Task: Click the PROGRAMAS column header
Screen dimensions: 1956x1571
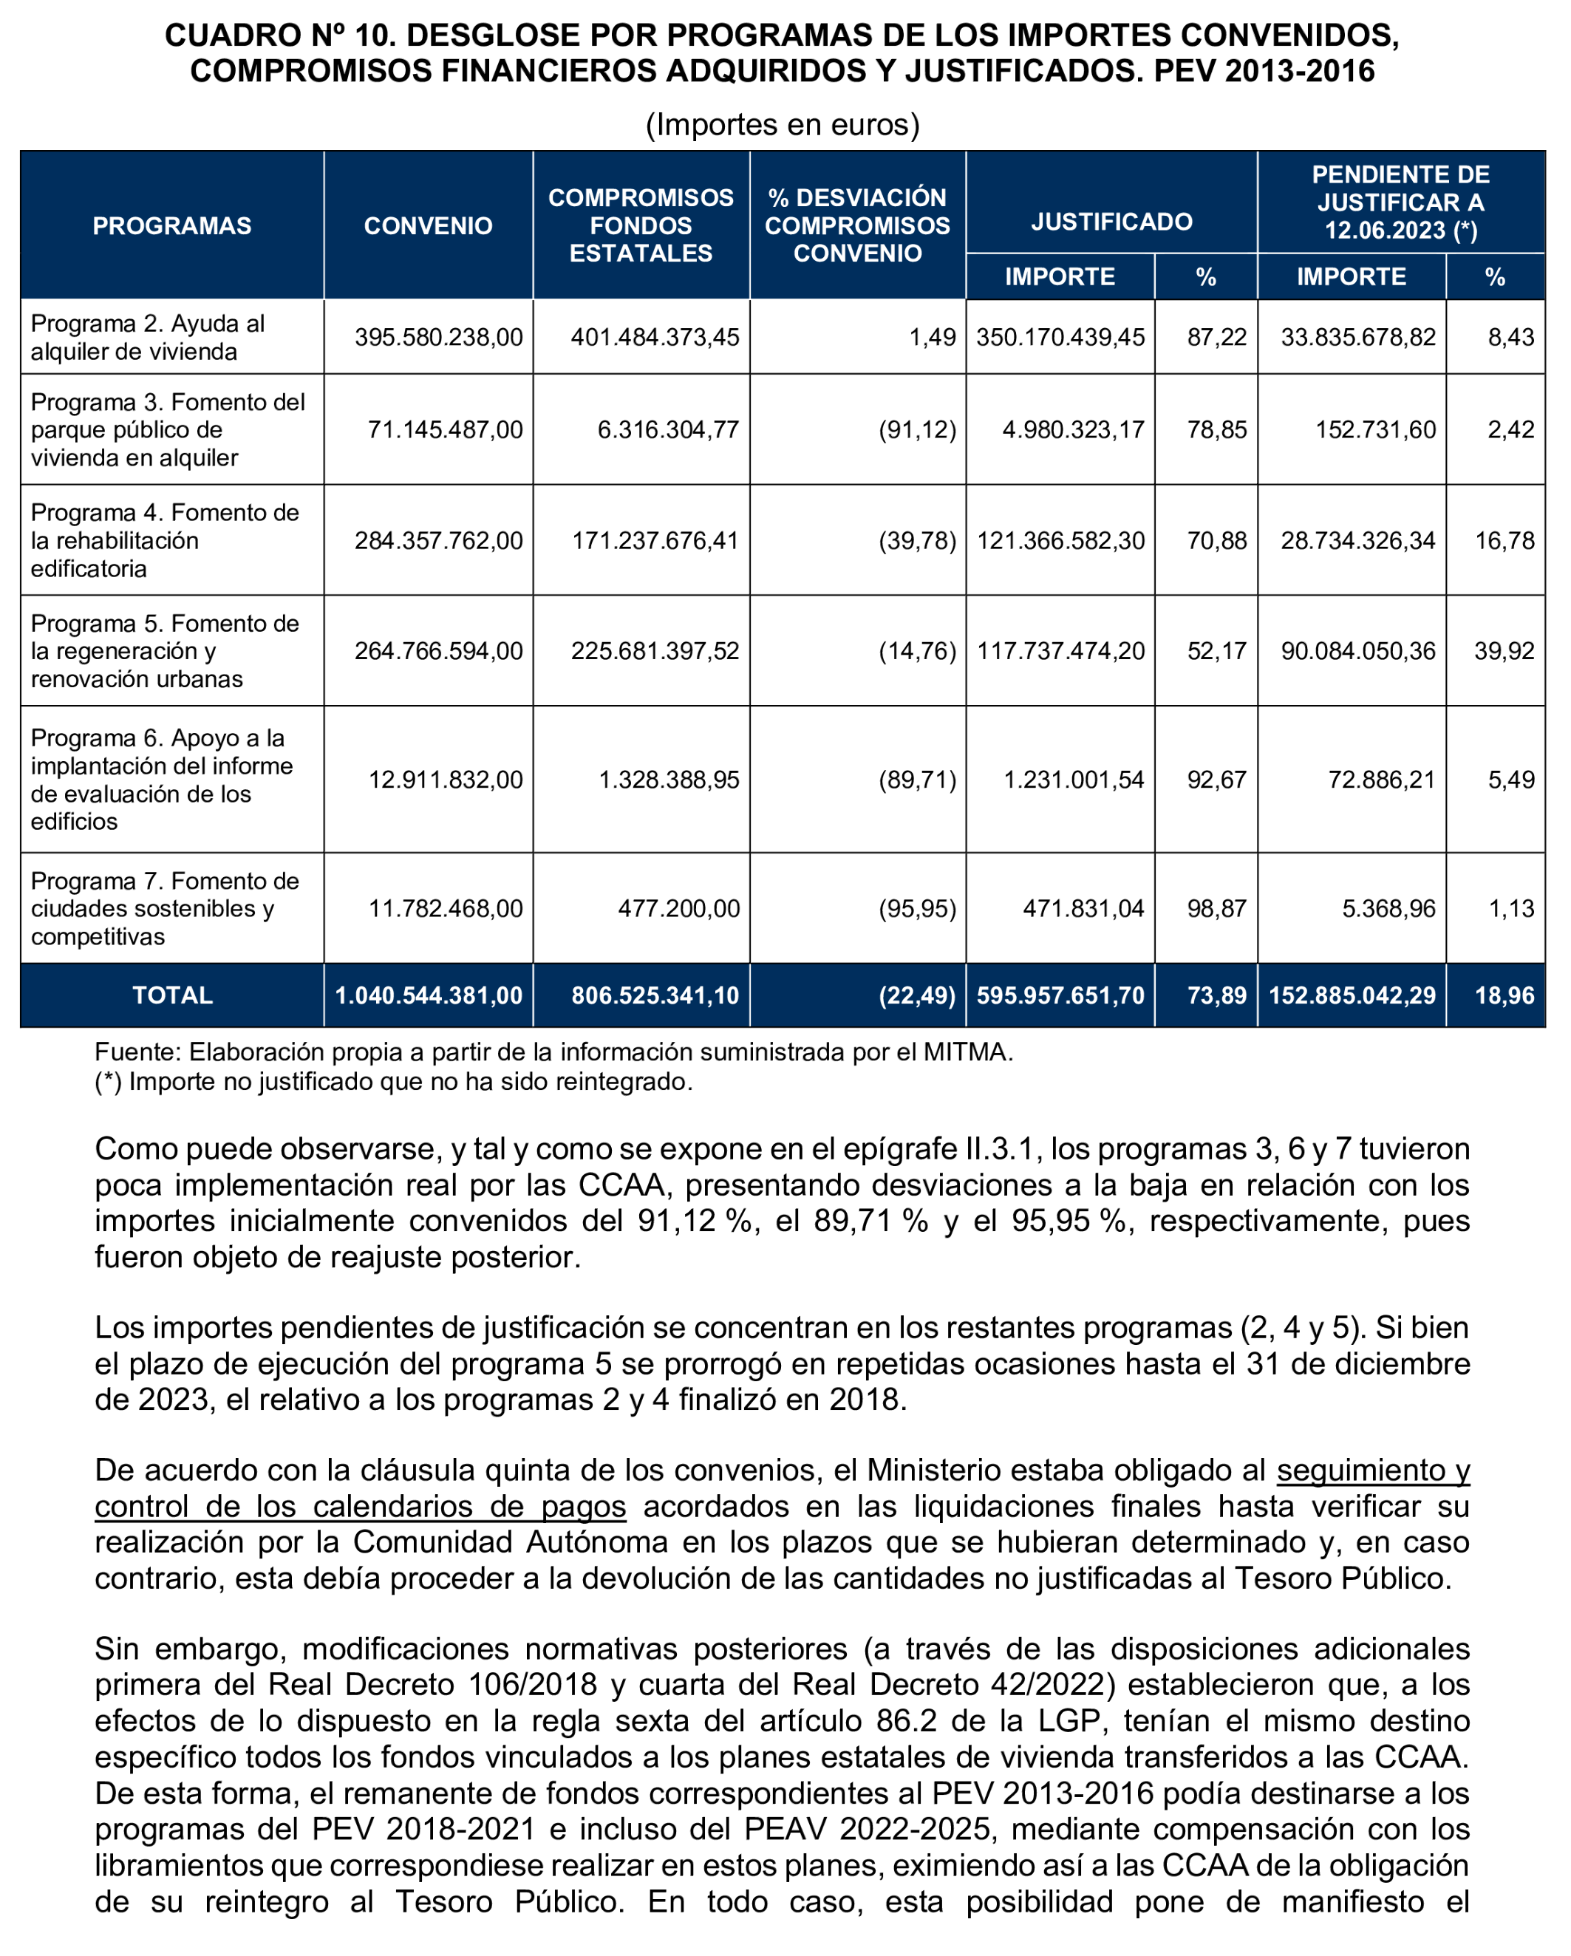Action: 172,226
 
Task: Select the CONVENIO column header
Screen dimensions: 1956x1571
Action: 428,226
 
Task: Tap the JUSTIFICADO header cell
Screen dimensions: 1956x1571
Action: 1111,222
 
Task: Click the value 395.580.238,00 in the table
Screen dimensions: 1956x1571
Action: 439,338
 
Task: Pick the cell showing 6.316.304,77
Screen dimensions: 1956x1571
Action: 669,429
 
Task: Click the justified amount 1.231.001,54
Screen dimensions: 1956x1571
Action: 1074,780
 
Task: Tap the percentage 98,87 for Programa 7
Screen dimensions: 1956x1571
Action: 1217,908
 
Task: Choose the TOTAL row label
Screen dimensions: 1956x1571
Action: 172,995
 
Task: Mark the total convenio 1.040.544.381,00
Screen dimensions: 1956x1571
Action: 429,995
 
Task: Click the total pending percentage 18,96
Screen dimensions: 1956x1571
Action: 1504,995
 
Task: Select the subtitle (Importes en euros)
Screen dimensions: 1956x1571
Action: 783,124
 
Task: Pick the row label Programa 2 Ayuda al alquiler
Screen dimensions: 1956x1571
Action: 148,338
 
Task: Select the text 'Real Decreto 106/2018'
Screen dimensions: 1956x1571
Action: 433,1684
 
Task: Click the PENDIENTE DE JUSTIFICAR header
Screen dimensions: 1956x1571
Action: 1400,202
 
